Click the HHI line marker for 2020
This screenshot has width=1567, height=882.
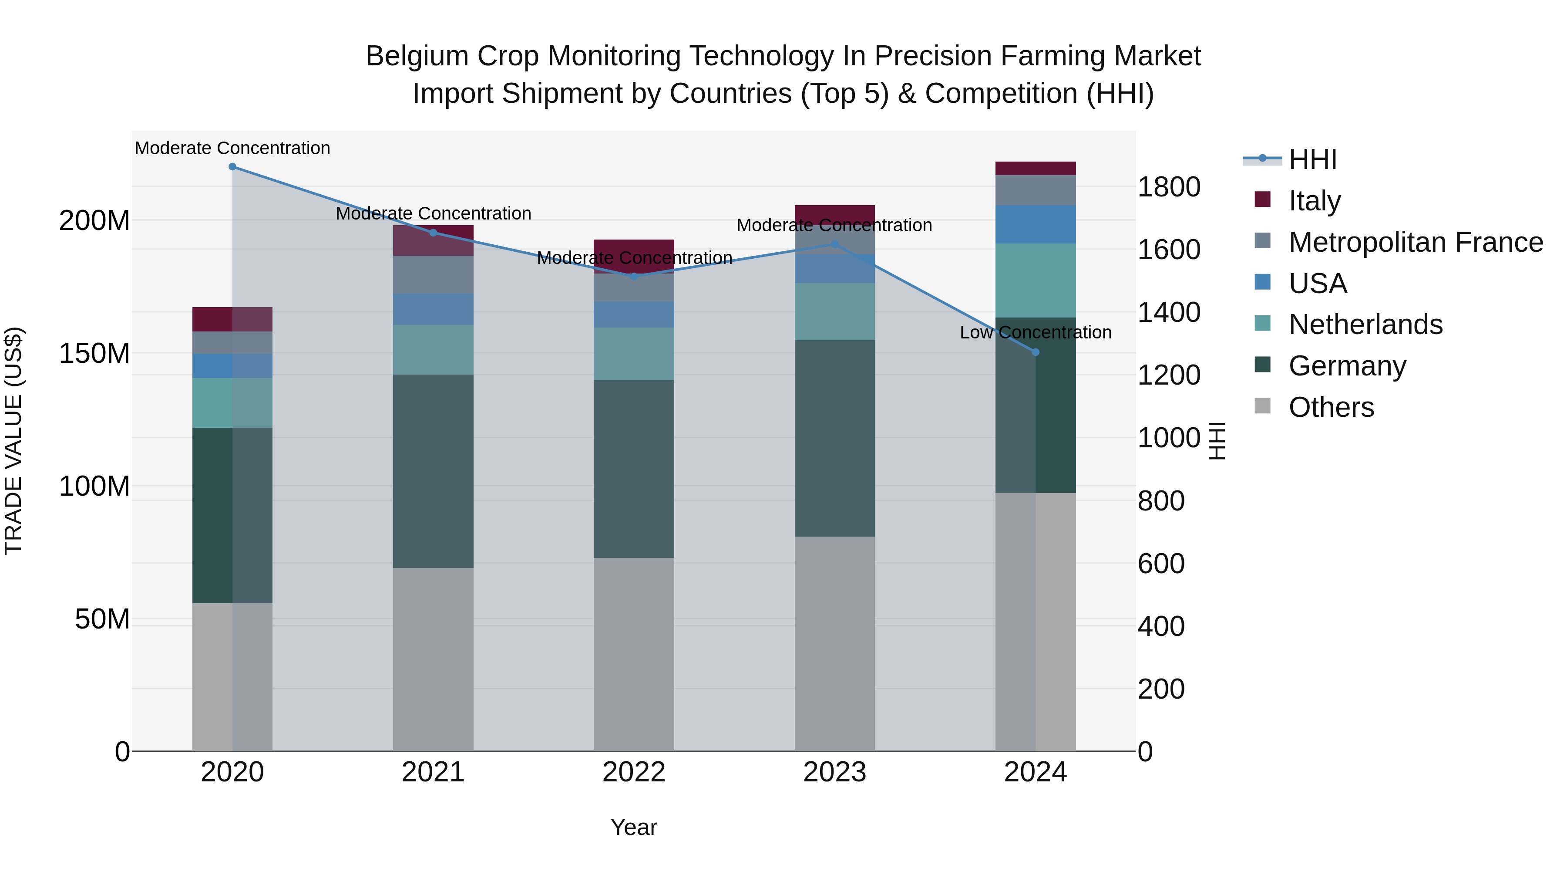pyautogui.click(x=232, y=167)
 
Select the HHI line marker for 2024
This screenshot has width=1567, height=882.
pyautogui.click(x=1036, y=352)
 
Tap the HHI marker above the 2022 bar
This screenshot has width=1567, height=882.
pyautogui.click(x=634, y=276)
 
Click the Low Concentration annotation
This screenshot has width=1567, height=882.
pyautogui.click(x=1036, y=332)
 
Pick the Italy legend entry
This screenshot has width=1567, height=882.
pyautogui.click(x=1314, y=200)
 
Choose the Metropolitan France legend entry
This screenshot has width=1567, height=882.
pyautogui.click(x=1415, y=242)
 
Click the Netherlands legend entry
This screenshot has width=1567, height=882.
pyautogui.click(x=1365, y=324)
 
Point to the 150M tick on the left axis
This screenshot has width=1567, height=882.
pyautogui.click(x=94, y=353)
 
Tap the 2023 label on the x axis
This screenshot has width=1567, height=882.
pyautogui.click(x=834, y=772)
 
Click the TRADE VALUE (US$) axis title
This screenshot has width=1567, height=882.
pyautogui.click(x=13, y=441)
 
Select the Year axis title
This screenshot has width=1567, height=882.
pyautogui.click(x=634, y=827)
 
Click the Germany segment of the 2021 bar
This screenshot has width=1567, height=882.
pyautogui.click(x=433, y=471)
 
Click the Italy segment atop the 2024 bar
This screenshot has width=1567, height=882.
pyautogui.click(x=1036, y=169)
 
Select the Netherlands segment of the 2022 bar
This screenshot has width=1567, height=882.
pyautogui.click(x=634, y=354)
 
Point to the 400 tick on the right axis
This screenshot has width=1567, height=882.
pyautogui.click(x=1160, y=626)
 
